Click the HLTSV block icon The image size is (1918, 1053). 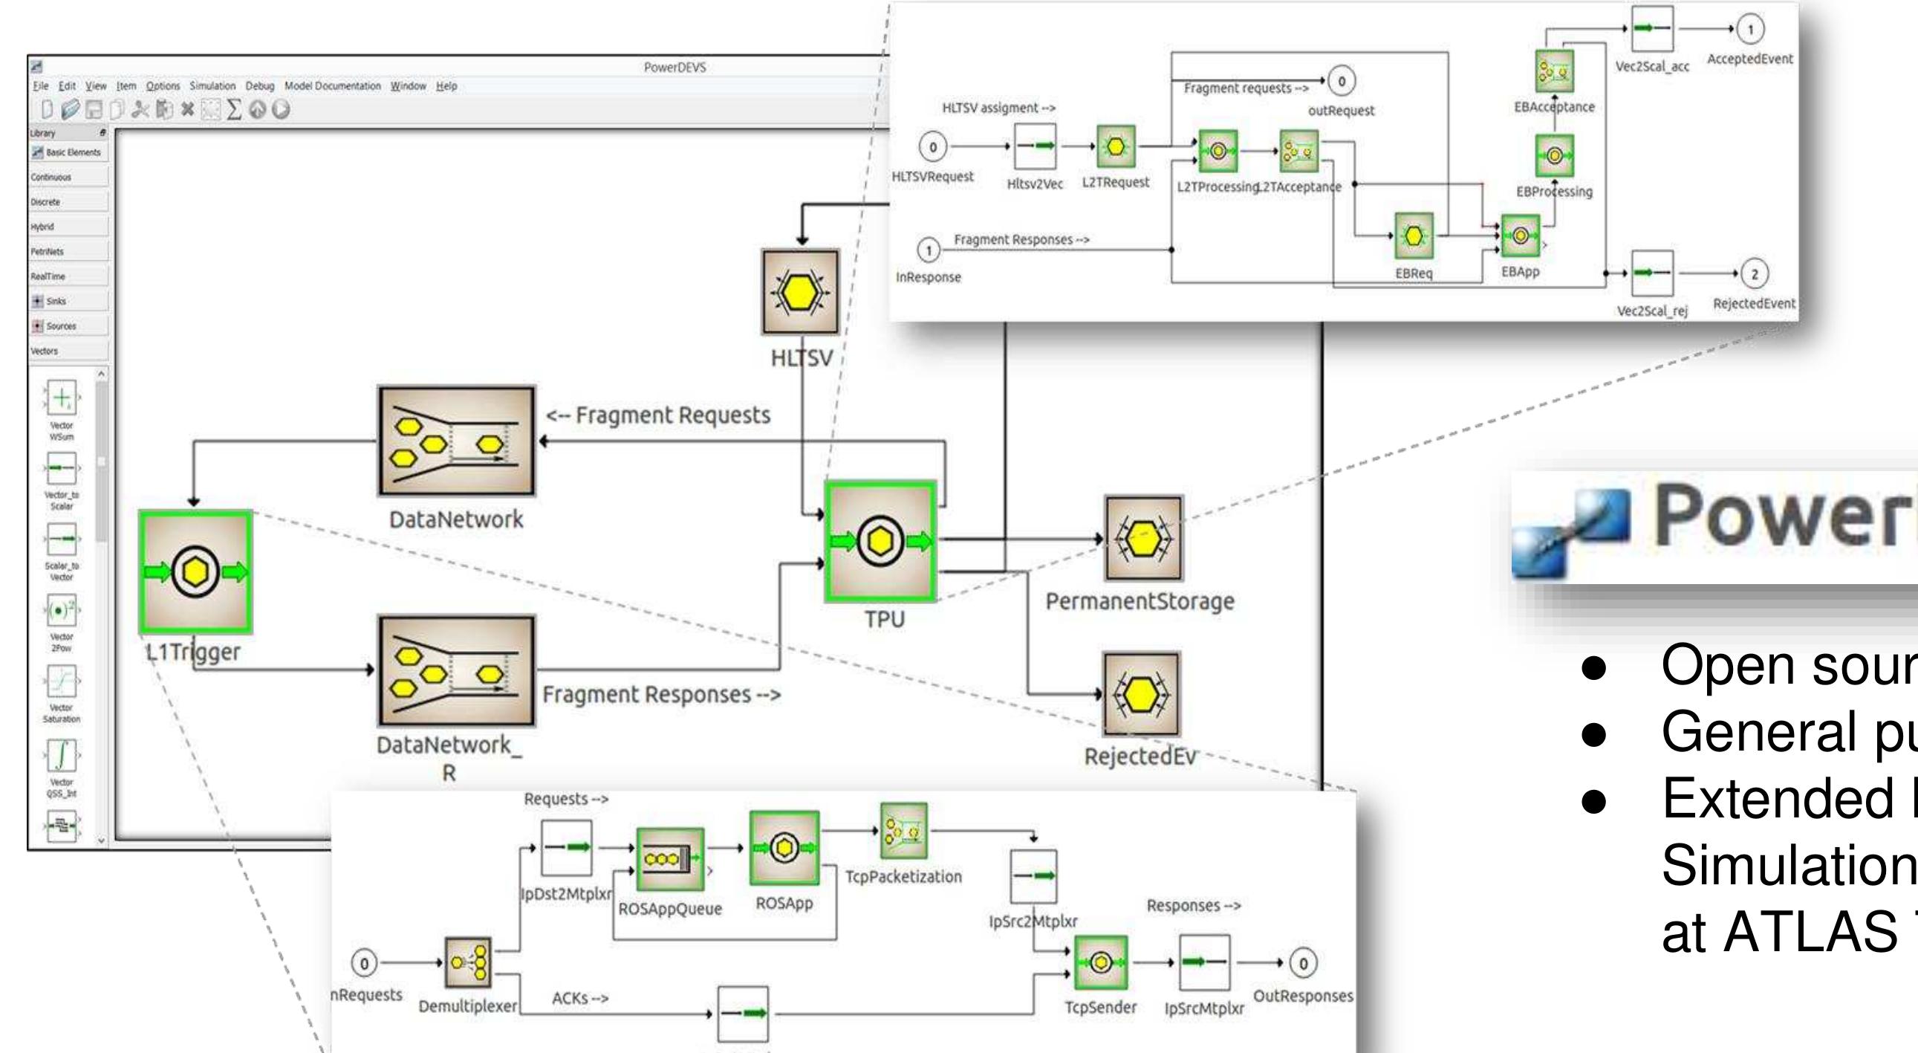[801, 292]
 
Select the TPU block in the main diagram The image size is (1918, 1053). [881, 542]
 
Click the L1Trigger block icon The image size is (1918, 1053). [195, 572]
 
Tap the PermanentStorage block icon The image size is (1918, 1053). [1143, 539]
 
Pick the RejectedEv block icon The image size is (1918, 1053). [1141, 694]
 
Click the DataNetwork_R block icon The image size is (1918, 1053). [455, 670]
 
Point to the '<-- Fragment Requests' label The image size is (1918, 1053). [658, 415]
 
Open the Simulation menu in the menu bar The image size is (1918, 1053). [212, 86]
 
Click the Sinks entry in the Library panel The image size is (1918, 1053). [56, 301]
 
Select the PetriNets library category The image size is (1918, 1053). [46, 252]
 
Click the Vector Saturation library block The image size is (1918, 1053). [61, 681]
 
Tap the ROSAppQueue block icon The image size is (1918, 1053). [669, 858]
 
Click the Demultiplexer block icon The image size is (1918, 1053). [467, 962]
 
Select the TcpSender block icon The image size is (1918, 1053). [1100, 963]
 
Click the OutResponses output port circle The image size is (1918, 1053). [1303, 963]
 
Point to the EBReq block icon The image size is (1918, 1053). [1413, 238]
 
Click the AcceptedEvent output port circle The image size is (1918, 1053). [1749, 30]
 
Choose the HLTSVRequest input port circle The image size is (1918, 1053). [933, 146]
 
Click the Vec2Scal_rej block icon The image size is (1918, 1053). [1651, 273]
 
